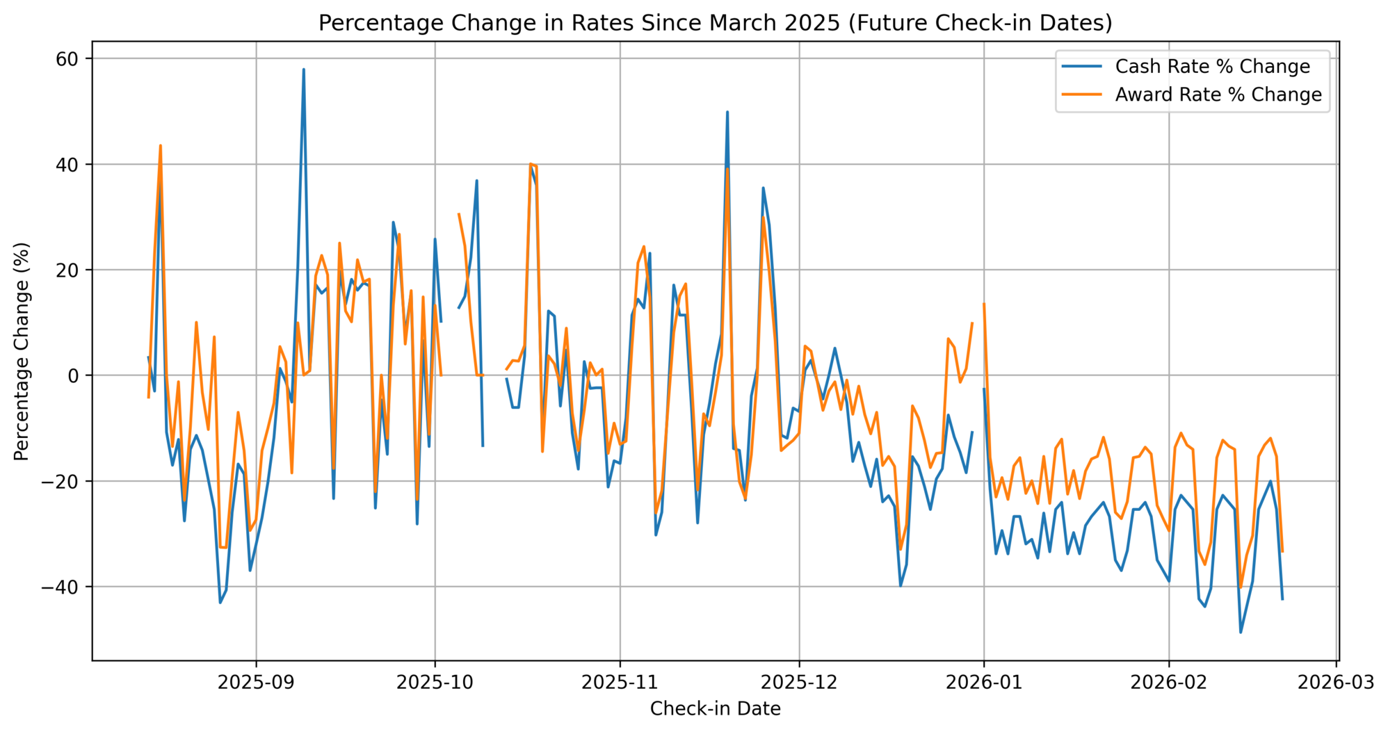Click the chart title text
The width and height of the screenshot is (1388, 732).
click(715, 23)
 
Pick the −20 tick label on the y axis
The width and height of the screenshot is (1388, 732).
click(65, 481)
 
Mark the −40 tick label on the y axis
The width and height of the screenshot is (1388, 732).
click(65, 587)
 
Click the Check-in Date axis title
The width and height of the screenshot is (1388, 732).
click(715, 709)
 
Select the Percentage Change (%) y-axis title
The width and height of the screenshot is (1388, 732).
click(22, 351)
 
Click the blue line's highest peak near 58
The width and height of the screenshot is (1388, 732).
click(303, 70)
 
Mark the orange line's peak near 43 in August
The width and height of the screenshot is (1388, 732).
click(161, 145)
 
